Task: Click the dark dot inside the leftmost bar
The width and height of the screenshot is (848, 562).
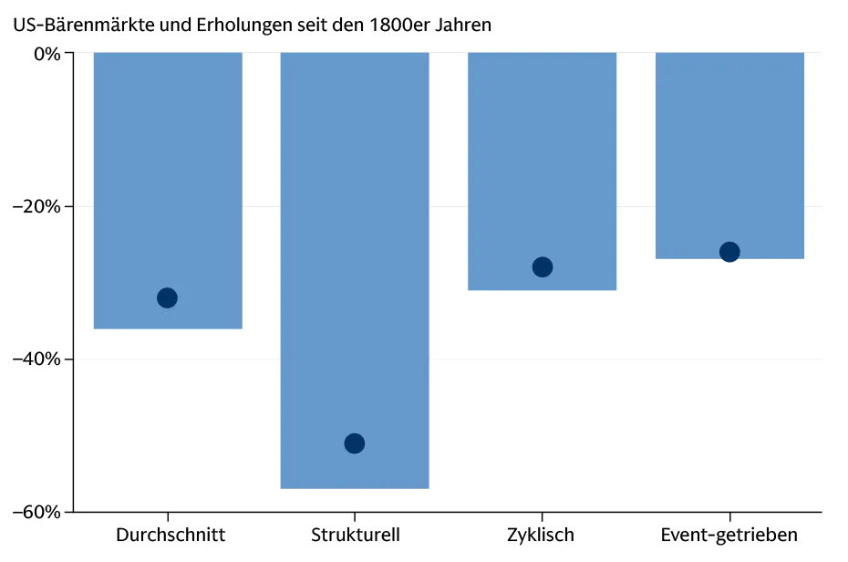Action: coord(167,297)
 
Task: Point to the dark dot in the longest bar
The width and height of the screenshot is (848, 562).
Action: coord(355,443)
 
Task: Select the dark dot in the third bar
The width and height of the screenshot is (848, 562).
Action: coord(543,267)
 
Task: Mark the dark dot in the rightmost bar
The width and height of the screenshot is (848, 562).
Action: coord(729,252)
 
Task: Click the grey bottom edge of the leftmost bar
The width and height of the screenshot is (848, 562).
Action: coord(168,334)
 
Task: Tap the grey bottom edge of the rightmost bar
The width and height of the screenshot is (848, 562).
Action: coord(729,262)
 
